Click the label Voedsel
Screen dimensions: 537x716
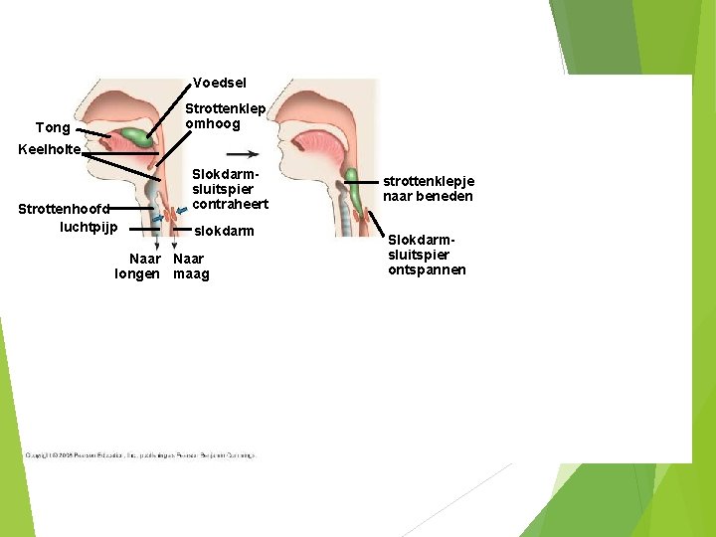point(219,83)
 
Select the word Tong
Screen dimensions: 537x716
point(53,127)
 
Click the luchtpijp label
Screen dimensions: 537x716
point(89,227)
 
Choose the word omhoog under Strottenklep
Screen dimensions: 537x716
point(213,124)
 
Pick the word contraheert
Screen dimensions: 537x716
point(230,204)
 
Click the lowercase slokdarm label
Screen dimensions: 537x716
point(224,231)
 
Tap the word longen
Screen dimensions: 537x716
point(137,274)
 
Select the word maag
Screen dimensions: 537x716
point(191,274)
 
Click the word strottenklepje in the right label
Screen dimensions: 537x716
point(429,181)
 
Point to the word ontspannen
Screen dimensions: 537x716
point(427,269)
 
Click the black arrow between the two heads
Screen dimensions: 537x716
point(243,154)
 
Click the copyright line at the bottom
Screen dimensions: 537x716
point(139,455)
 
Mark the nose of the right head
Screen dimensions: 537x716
point(281,118)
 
